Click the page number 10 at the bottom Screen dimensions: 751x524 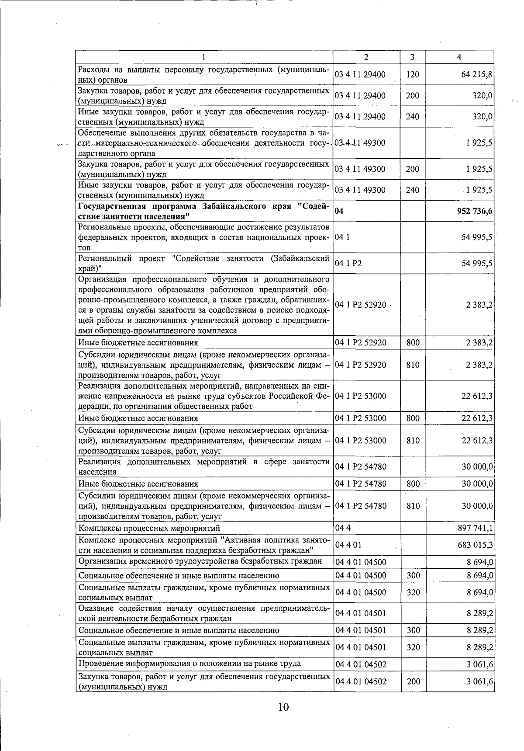[283, 707]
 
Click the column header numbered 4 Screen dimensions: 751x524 [459, 57]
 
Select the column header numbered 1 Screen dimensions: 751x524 [203, 57]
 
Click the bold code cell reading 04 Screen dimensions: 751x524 [339, 211]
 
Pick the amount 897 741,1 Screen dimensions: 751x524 [475, 528]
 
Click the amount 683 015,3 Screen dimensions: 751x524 [475, 545]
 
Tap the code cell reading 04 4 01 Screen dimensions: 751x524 [348, 545]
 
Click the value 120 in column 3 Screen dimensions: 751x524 [412, 74]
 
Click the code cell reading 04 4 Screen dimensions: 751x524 [343, 528]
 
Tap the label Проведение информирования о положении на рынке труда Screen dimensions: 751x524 [190, 664]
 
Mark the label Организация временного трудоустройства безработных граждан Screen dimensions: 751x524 [200, 561]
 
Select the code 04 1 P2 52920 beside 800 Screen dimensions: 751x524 [361, 342]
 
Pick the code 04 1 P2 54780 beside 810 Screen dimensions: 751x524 [361, 506]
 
